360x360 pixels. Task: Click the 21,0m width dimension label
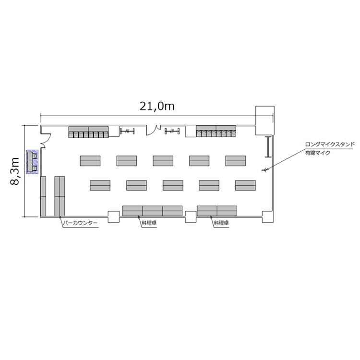coord(157,106)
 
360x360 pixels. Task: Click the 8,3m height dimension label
coord(15,171)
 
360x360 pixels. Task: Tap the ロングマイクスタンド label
coord(330,144)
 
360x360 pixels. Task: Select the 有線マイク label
coord(317,153)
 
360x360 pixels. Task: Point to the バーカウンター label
coord(80,223)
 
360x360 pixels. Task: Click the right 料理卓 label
coord(221,223)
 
